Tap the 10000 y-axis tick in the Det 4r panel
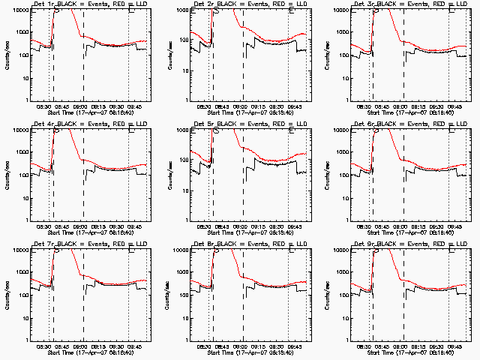19,130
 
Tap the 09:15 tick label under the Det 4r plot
99,226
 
